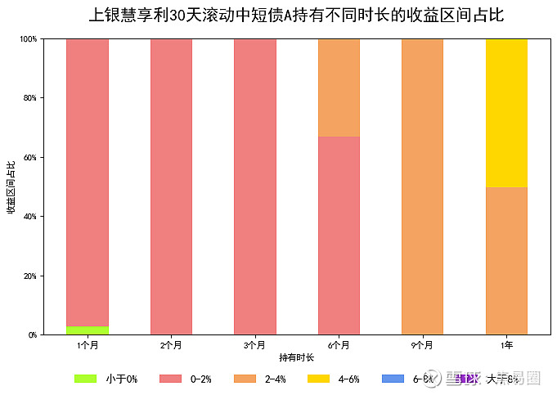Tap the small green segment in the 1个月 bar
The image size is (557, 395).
[x=88, y=330]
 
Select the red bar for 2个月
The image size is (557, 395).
[x=171, y=186]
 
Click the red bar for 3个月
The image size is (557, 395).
[x=255, y=186]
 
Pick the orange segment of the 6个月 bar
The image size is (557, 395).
[x=339, y=88]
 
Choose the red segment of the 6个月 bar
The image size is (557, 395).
[x=339, y=236]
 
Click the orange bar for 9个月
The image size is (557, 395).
[x=422, y=186]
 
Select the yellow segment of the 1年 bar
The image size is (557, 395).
[x=506, y=113]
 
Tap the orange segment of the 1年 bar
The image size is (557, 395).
[x=506, y=261]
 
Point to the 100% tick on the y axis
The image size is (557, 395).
[x=29, y=39]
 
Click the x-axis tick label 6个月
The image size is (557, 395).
[x=339, y=346]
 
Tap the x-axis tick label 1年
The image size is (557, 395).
[x=506, y=346]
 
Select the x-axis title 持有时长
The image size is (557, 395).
[x=296, y=357]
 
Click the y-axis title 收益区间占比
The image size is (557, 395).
[x=11, y=187]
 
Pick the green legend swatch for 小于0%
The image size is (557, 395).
[x=85, y=379]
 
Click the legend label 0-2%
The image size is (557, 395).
[x=200, y=379]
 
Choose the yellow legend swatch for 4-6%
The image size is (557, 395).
[x=318, y=379]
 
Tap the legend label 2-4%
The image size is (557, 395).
[x=274, y=379]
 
